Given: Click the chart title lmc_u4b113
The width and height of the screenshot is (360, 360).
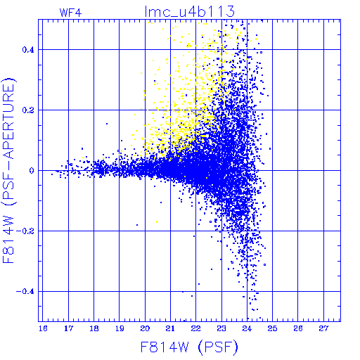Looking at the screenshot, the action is [190, 12].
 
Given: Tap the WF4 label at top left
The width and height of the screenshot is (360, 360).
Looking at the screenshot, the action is [70, 13].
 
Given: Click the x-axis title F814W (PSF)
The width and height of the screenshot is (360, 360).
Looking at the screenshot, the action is [189, 347].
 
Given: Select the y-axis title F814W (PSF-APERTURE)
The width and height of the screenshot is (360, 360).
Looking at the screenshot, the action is [8, 170].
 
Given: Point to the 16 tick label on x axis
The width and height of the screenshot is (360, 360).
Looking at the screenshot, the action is [43, 328].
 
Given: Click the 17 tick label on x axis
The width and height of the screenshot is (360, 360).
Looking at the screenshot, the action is [68, 328].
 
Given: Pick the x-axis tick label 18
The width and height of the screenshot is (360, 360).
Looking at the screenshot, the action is [94, 328].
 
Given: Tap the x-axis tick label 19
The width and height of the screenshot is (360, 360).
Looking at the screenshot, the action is [120, 328].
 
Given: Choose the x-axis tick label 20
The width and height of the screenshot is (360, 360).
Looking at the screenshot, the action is [145, 328].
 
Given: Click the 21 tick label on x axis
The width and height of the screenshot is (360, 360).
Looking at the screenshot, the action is [170, 328].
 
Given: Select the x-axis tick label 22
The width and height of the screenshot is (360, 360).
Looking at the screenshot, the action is [196, 328].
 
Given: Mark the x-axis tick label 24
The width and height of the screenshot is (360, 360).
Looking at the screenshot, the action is [247, 328].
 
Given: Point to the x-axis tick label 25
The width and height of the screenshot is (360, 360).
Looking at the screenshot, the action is [272, 328].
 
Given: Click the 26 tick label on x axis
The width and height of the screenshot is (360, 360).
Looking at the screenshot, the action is [298, 328].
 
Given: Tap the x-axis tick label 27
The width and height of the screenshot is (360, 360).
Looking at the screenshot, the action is [323, 328].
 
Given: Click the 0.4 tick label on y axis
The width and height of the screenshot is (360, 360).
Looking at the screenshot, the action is [28, 50].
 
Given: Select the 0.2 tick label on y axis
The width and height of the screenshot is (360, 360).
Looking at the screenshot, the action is [28, 110].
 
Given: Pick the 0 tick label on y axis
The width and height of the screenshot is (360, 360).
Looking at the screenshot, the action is [32, 171].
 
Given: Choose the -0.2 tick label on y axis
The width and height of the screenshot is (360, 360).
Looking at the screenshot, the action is [25, 231].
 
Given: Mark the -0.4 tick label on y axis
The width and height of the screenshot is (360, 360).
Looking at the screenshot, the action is [25, 292].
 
